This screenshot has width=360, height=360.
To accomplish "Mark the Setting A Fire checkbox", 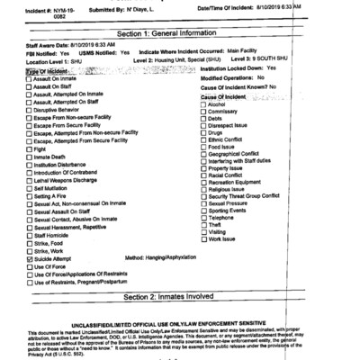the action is pyautogui.click(x=30, y=196).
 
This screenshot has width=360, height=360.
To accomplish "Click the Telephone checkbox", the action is pyautogui.click(x=202, y=218).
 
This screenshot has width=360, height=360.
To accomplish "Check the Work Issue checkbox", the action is pyautogui.click(x=202, y=238).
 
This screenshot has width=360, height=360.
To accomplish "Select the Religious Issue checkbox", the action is pyautogui.click(x=202, y=189).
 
